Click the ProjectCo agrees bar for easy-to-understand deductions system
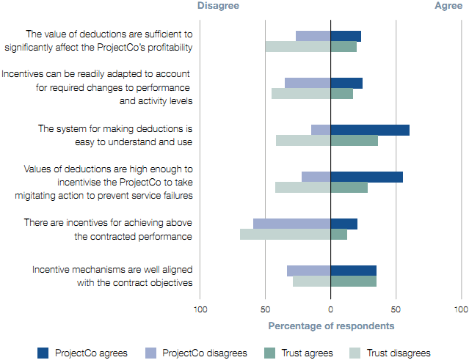point(370,130)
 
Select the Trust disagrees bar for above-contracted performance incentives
point(286,235)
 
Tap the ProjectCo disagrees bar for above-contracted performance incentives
point(292,224)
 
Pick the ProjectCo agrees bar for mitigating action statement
point(367,177)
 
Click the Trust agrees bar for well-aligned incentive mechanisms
point(354,281)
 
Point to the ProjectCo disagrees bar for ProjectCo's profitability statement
point(313,36)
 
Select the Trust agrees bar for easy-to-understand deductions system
point(355,141)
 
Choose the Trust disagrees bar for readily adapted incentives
point(301,94)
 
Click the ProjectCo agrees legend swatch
point(43,353)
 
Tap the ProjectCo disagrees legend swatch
point(150,353)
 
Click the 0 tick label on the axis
point(330,309)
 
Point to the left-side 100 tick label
point(200,309)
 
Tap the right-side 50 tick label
point(396,309)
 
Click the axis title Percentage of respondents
point(331,326)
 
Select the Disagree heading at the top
point(219,6)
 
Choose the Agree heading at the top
point(448,6)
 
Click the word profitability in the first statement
point(167,48)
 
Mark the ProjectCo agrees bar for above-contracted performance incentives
point(344,224)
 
